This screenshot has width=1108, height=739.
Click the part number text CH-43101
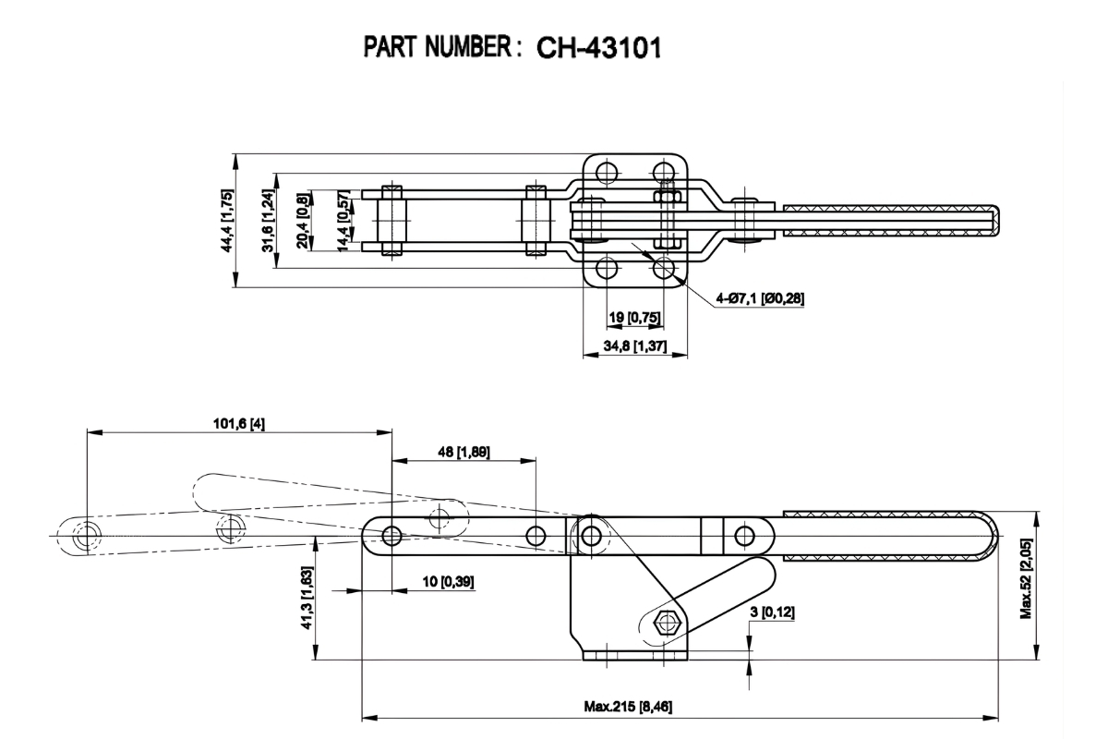coord(592,47)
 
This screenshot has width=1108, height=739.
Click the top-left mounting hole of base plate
coord(607,172)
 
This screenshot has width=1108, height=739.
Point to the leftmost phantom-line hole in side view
coord(85,535)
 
